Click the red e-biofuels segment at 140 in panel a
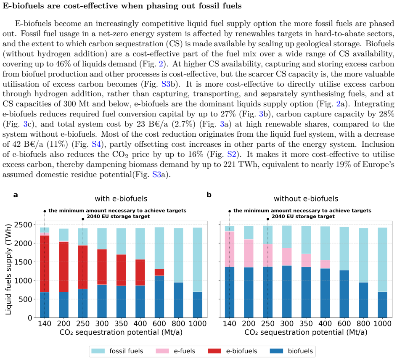tap(45, 264)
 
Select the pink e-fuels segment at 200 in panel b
tap(249, 254)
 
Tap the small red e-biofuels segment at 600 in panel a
tap(159, 273)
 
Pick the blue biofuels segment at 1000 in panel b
tap(383, 305)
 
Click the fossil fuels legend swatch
tap(98, 351)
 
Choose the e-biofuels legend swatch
tap(214, 351)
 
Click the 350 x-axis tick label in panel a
tap(121, 323)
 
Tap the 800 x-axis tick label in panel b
tap(363, 323)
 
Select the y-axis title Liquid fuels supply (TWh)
tap(8, 269)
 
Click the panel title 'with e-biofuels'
tap(121, 199)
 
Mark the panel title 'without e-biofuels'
tap(306, 199)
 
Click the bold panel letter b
tap(209, 195)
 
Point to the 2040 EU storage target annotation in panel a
tap(118, 217)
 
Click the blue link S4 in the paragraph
tap(96, 144)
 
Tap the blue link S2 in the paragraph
tap(232, 154)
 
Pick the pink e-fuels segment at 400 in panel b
tap(325, 265)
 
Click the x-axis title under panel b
tap(306, 332)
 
